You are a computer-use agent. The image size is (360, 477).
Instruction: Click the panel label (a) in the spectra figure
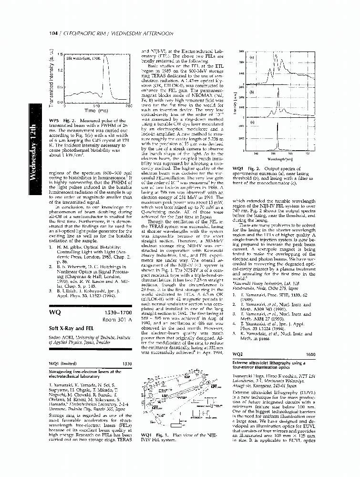pos(253,58)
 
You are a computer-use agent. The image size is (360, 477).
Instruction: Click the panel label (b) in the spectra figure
pos(253,92)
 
